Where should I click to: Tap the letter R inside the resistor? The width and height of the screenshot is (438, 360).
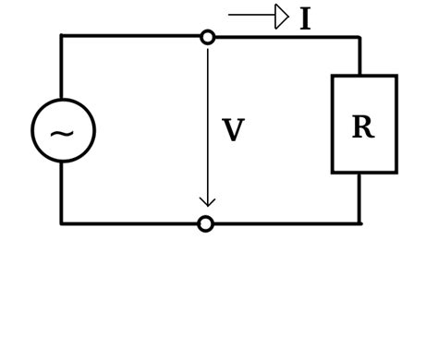[362, 127]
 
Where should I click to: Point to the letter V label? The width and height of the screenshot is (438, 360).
[233, 131]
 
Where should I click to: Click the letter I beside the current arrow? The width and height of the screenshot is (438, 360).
[305, 19]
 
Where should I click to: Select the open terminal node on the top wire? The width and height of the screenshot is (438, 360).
[208, 37]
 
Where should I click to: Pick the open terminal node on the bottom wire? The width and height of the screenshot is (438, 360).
[206, 223]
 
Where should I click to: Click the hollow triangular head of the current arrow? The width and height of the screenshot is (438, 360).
[281, 17]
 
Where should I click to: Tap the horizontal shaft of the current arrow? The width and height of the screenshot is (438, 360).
[251, 15]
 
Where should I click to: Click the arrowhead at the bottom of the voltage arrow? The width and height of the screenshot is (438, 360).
[208, 201]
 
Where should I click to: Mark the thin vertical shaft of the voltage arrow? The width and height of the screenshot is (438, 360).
[208, 120]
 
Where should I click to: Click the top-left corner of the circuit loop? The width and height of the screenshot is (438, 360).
[62, 37]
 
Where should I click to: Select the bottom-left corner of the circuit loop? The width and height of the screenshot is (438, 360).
[62, 223]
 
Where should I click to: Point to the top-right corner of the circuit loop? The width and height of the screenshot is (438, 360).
[359, 38]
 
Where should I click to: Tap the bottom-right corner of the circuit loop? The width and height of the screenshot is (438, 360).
[359, 223]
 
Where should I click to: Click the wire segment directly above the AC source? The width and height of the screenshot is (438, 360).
[62, 69]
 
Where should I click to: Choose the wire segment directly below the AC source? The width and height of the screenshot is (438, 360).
[62, 192]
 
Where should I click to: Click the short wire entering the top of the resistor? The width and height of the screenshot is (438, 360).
[359, 57]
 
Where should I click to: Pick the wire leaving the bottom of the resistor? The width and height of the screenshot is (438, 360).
[359, 198]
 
